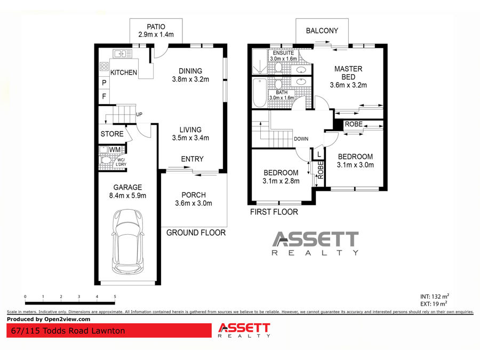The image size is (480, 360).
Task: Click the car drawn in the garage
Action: (127, 242)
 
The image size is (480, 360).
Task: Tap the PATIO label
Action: (156, 27)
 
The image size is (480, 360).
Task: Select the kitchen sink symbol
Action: (123, 53)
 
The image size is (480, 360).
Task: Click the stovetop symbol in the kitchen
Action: (104, 67)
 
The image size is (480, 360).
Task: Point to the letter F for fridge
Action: (104, 97)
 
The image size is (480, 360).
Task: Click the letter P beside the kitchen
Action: (104, 83)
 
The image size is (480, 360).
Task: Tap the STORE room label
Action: (112, 134)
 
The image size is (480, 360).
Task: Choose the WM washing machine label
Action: (115, 150)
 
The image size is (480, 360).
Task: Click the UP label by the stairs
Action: (139, 115)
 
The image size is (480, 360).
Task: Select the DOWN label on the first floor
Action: (301, 139)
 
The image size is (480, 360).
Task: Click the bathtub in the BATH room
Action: (260, 92)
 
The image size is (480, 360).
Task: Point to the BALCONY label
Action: (322, 30)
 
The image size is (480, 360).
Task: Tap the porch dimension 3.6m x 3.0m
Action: (194, 203)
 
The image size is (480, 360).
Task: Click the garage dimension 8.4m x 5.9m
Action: (127, 196)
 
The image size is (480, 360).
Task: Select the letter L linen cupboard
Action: (319, 154)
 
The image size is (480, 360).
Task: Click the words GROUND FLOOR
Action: (196, 233)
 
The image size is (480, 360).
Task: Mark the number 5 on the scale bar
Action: (115, 297)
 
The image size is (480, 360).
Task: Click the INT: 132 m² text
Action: (434, 297)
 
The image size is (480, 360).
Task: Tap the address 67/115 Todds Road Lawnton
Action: (68, 331)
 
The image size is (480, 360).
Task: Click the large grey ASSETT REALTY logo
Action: (315, 243)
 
